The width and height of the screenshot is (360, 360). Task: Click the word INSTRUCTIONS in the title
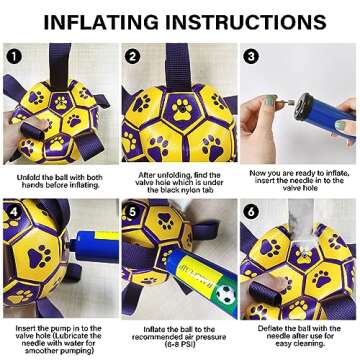coord(243,22)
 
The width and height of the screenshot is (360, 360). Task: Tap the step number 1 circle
coord(14,57)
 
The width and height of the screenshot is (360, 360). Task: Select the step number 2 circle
coord(132,57)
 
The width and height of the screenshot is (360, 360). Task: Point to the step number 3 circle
coord(250,57)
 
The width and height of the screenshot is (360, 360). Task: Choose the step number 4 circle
coord(14,212)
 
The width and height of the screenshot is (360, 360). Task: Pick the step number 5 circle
coord(132,212)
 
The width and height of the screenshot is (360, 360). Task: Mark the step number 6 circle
coord(250,212)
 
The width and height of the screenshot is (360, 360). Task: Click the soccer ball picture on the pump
coord(225,294)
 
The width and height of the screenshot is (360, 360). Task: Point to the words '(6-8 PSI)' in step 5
coord(179,344)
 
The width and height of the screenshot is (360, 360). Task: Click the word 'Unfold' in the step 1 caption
coord(28,177)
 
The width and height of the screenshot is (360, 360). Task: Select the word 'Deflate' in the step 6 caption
coord(269,329)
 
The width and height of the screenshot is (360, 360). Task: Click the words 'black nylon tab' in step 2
coord(180,190)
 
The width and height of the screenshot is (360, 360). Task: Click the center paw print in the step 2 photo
coord(182,108)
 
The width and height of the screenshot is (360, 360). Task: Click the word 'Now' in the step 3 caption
coord(257,173)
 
